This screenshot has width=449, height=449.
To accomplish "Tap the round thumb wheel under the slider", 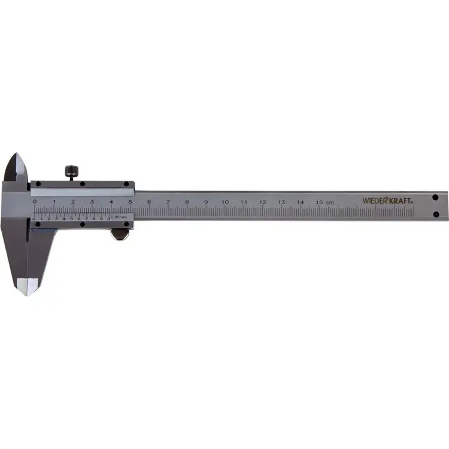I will (120, 234).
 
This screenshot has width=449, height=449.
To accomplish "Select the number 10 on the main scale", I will (225, 202).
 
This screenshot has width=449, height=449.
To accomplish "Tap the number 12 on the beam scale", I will (263, 202).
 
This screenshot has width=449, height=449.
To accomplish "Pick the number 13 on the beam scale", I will (281, 202).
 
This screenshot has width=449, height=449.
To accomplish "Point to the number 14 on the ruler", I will (301, 202).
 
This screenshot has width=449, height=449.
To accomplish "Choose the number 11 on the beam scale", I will (244, 202).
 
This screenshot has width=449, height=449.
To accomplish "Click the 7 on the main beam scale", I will (168, 202).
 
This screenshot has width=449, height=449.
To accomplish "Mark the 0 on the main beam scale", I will (35, 202).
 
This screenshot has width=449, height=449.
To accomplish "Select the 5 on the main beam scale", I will (130, 202).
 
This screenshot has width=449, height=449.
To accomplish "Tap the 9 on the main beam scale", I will (206, 202).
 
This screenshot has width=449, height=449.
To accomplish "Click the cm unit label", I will (330, 202).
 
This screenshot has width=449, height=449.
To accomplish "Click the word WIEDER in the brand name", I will (375, 201).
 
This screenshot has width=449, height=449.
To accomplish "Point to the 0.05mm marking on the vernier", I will (120, 217).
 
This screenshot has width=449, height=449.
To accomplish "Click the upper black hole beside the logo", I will (435, 196).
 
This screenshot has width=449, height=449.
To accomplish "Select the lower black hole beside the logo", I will (435, 214).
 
